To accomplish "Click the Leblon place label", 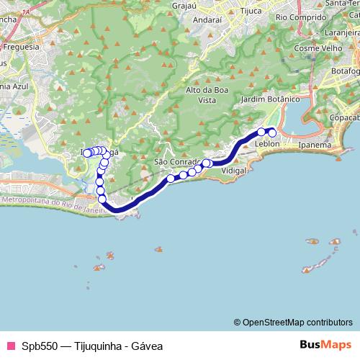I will tap(267, 144).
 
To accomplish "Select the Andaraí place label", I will tap(207, 19).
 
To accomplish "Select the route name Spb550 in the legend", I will tap(37, 345).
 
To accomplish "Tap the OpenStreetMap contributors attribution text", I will tap(297, 322).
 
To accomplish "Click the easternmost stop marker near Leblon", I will tap(272, 132).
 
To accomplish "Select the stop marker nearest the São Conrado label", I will tap(171, 178).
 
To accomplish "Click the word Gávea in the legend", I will tap(147, 345).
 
